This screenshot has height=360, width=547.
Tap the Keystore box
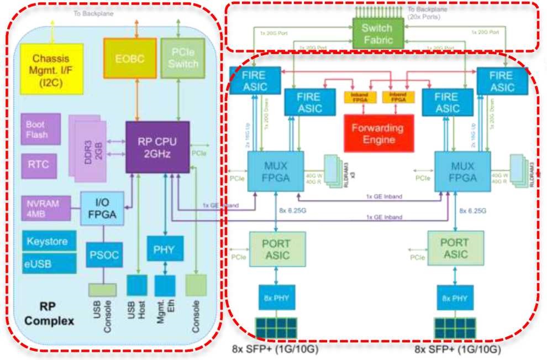(x=47, y=242)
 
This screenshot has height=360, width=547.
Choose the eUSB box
(x=47, y=264)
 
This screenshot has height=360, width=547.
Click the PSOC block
(x=102, y=255)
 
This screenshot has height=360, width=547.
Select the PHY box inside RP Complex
(x=164, y=249)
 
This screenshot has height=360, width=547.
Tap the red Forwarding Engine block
(x=378, y=133)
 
